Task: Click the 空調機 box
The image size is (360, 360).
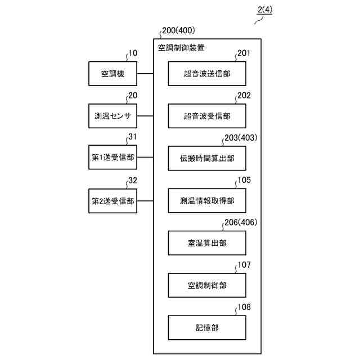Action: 113,74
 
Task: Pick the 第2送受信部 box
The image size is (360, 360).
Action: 113,201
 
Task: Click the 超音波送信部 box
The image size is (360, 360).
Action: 207,74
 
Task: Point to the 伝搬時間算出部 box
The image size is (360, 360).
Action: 207,159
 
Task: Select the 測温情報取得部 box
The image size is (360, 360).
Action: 207,201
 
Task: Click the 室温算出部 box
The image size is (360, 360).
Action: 207,243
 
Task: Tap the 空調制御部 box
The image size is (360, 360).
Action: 207,285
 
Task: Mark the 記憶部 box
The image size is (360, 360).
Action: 207,327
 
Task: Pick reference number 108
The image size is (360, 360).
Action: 244,307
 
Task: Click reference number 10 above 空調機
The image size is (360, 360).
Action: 133,54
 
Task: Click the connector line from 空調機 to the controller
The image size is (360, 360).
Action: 146,74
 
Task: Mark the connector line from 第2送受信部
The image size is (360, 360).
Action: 146,201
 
